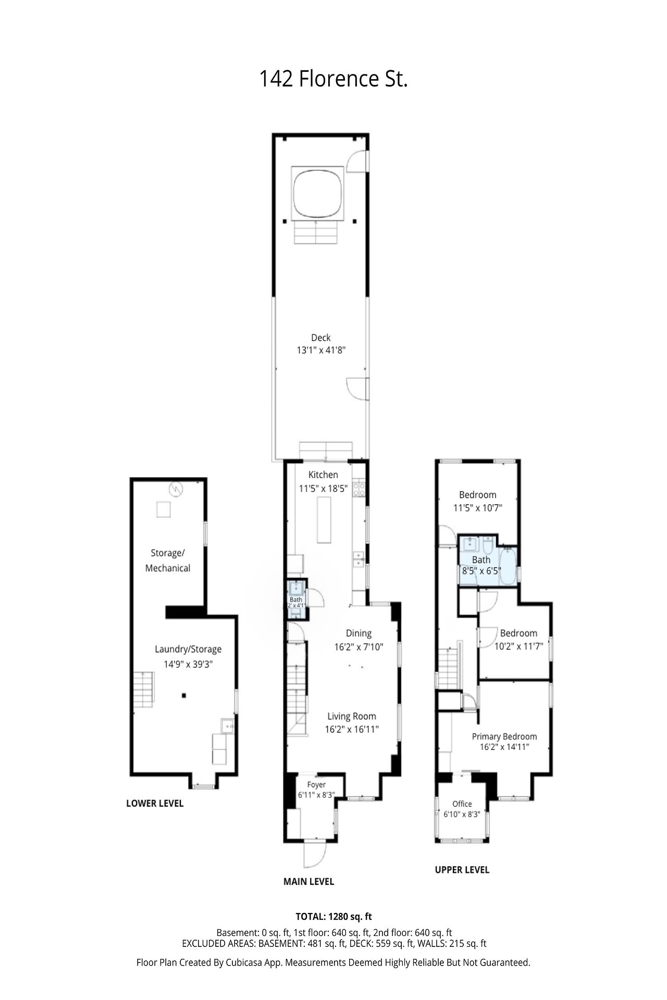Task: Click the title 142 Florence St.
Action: click(333, 79)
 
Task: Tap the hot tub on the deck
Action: click(318, 193)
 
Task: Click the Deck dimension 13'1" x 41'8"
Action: click(321, 351)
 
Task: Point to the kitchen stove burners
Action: click(359, 489)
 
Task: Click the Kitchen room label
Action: click(323, 474)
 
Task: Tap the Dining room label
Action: click(359, 633)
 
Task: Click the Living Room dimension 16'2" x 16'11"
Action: click(352, 730)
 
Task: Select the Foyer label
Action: click(316, 784)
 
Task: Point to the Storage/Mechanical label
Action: click(168, 560)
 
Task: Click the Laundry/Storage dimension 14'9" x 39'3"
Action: click(188, 664)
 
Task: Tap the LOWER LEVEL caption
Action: click(155, 803)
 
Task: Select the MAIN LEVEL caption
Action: click(308, 881)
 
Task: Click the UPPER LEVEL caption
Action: click(462, 869)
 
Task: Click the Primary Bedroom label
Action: click(504, 736)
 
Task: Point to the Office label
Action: click(462, 804)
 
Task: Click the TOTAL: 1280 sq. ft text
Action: click(333, 917)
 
